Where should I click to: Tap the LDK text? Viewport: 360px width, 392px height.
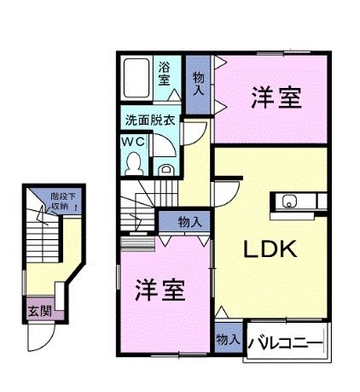pos(270,250)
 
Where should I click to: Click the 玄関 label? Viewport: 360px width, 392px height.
pos(38,310)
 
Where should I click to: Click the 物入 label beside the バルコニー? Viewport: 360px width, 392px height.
pos(228,338)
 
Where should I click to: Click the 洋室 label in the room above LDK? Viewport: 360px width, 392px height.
pos(275,99)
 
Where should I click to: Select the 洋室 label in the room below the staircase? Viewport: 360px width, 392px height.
pos(160,289)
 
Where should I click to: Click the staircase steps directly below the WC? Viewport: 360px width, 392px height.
pos(136,208)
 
